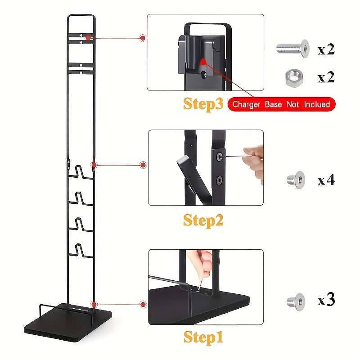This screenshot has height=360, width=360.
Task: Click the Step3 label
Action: (x=203, y=104)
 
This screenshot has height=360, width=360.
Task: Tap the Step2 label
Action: (x=203, y=220)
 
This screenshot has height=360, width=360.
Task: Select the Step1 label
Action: (x=203, y=337)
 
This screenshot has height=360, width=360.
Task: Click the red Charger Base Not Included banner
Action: (x=282, y=104)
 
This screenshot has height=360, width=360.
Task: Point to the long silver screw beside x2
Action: (x=293, y=48)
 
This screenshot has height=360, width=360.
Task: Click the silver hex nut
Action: (x=294, y=77)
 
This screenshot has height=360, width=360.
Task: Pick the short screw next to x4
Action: (x=296, y=180)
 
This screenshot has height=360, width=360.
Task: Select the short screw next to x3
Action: (x=296, y=301)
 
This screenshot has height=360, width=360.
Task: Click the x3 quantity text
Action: (x=326, y=300)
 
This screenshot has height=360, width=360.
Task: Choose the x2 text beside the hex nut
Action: (x=326, y=77)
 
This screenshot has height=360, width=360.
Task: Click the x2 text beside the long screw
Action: (x=326, y=49)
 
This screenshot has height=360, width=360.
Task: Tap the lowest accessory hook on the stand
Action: (x=81, y=251)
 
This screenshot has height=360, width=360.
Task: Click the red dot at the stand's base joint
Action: (x=94, y=305)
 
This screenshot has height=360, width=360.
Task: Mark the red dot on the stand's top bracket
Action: (x=88, y=38)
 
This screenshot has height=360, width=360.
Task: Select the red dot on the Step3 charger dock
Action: (x=203, y=62)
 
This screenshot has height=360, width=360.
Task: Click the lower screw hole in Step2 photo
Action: (x=220, y=180)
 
